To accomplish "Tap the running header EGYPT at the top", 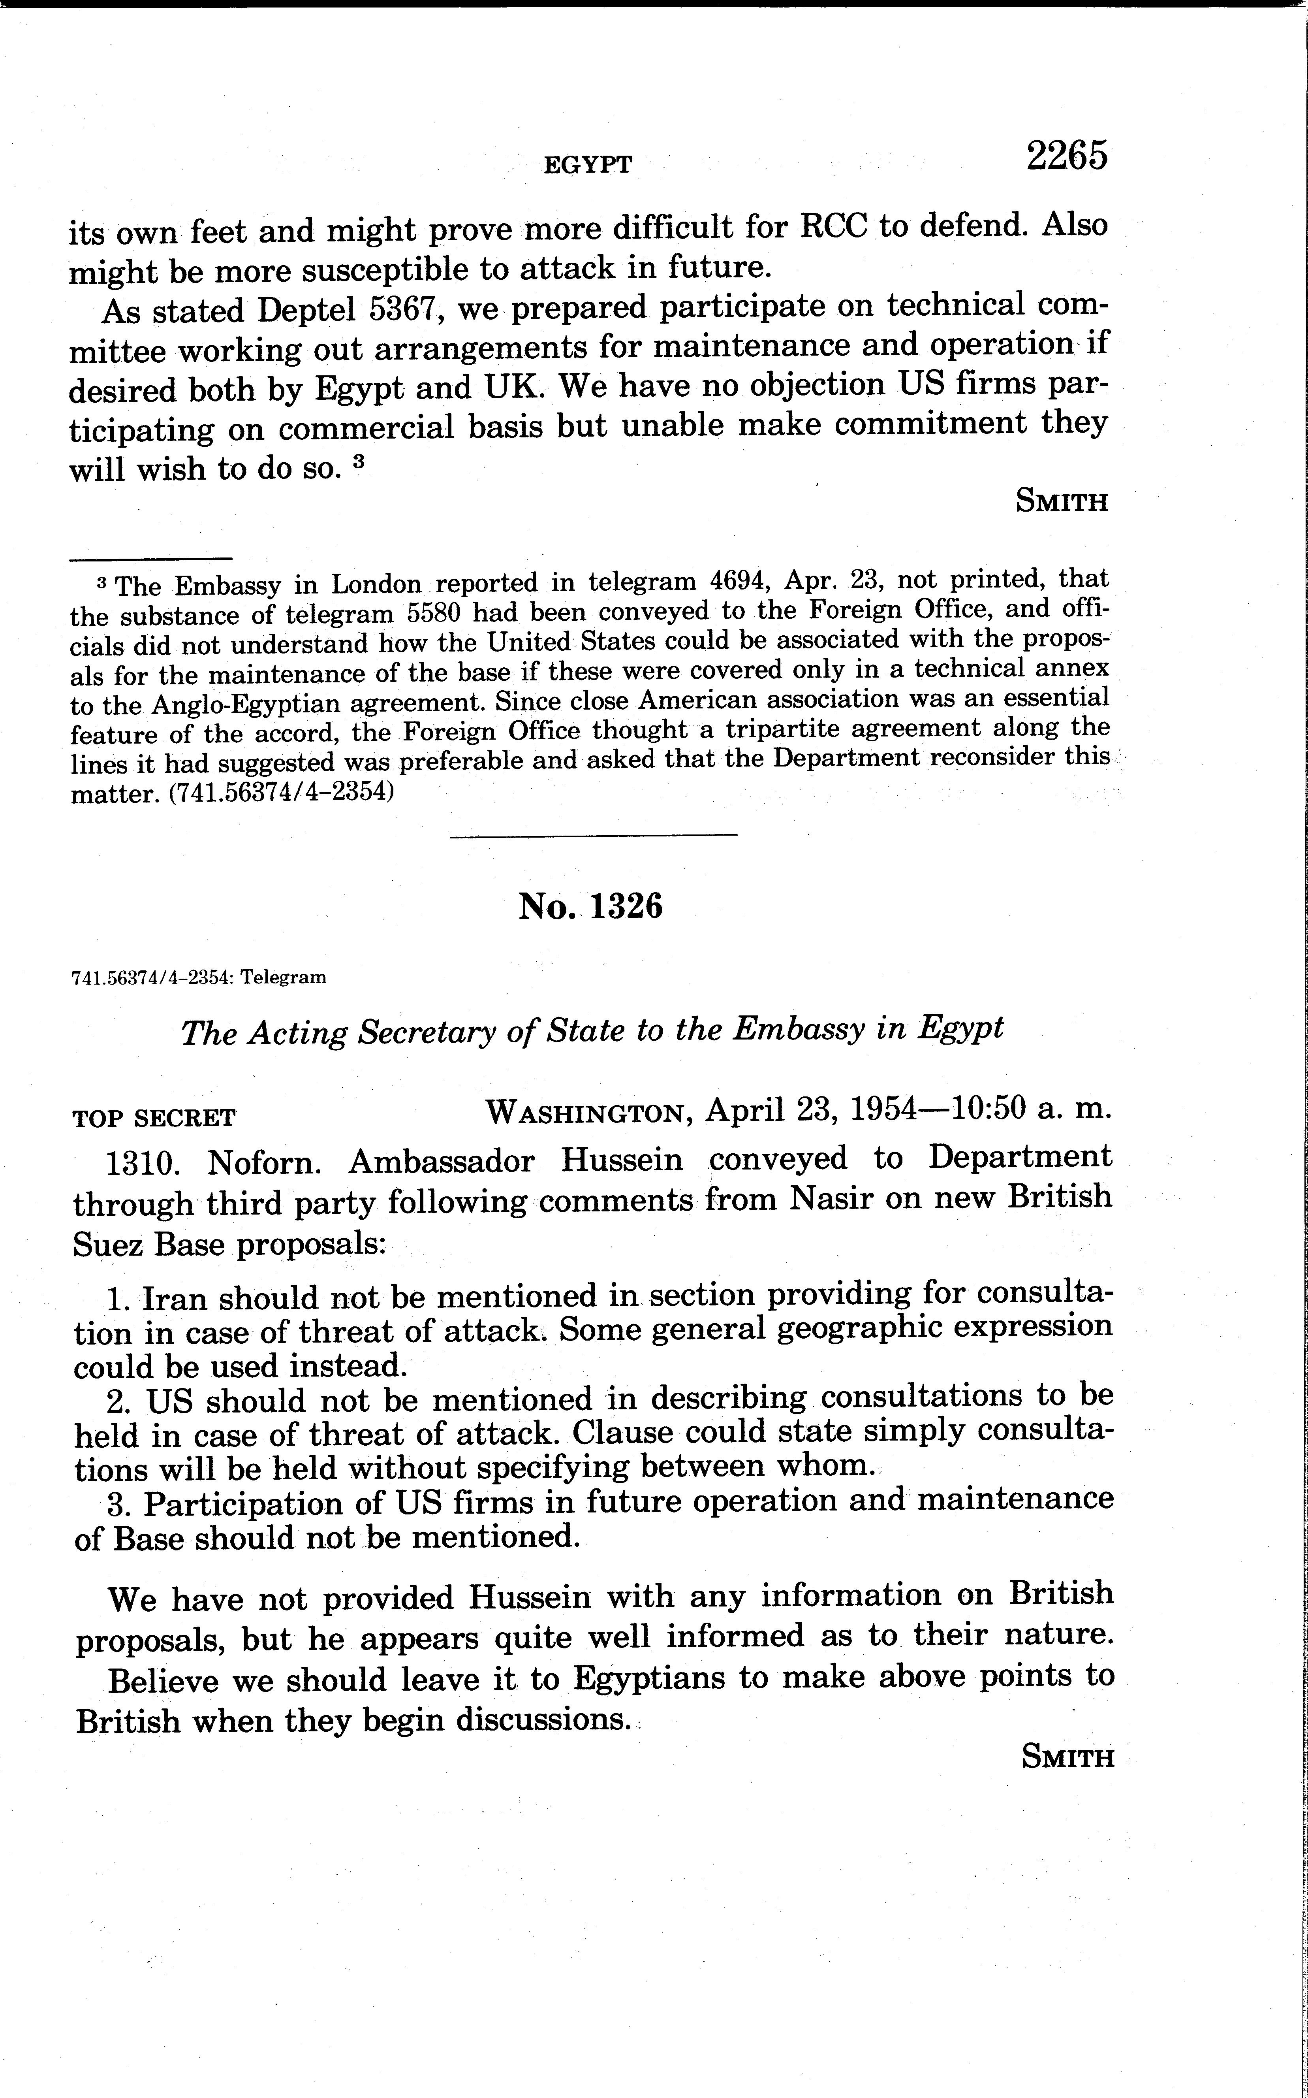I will pyautogui.click(x=588, y=164).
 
